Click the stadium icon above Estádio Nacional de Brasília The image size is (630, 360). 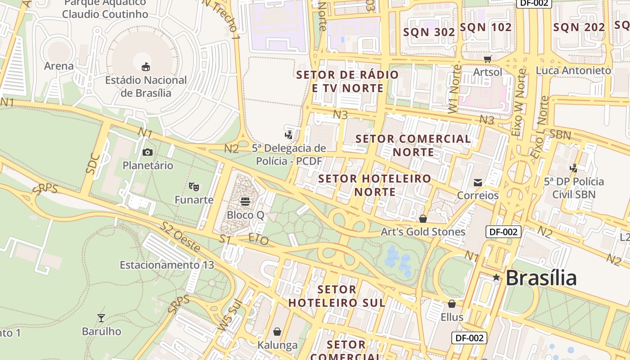pyautogui.click(x=145, y=67)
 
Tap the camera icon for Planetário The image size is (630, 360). pyautogui.click(x=147, y=152)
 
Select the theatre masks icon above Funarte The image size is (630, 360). pyautogui.click(x=194, y=186)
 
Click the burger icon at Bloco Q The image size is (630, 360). pyautogui.click(x=245, y=201)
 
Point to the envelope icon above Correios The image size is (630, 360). pyautogui.click(x=477, y=182)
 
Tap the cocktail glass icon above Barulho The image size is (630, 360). pyautogui.click(x=101, y=318)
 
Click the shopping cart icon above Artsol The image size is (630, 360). pyautogui.click(x=487, y=59)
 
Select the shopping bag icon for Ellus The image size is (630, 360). pyautogui.click(x=451, y=304)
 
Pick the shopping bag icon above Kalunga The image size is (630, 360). pyautogui.click(x=277, y=332)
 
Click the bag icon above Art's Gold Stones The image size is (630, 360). pyautogui.click(x=423, y=219)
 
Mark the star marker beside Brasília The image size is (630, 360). pyautogui.click(x=496, y=278)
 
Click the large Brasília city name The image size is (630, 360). pyautogui.click(x=541, y=278)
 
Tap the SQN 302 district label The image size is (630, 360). pyautogui.click(x=429, y=32)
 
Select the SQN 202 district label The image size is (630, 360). pyautogui.click(x=579, y=27)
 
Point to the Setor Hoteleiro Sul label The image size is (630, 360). pyautogui.click(x=337, y=296)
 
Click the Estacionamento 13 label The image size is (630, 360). pyautogui.click(x=166, y=265)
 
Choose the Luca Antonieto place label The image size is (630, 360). pyautogui.click(x=573, y=71)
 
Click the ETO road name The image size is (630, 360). pyautogui.click(x=258, y=239)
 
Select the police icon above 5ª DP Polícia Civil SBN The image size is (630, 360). pyautogui.click(x=573, y=168)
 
